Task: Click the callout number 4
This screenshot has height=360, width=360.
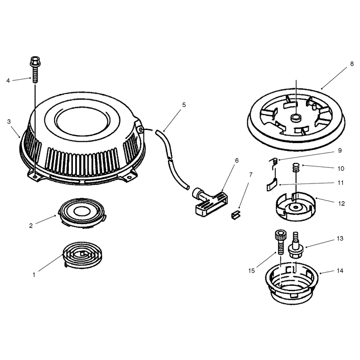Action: tap(8, 81)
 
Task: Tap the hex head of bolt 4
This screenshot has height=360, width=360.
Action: tap(34, 61)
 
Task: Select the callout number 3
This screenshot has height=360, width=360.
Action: tap(9, 121)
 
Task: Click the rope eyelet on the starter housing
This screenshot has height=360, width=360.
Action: tap(141, 130)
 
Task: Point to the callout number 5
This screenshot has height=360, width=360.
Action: tap(184, 105)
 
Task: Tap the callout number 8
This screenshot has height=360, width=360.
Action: tap(352, 64)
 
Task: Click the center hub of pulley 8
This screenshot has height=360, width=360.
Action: tap(296, 118)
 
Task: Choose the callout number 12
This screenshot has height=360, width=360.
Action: tap(342, 204)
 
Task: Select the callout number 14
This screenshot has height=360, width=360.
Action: tap(340, 271)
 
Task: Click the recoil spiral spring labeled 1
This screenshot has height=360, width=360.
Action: tap(82, 255)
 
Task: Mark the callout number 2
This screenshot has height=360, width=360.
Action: tap(31, 226)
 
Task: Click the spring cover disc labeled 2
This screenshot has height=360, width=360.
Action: tap(82, 212)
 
